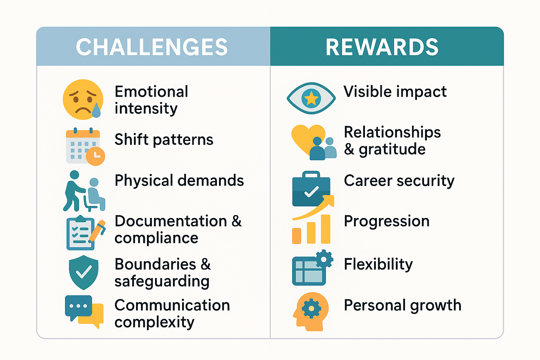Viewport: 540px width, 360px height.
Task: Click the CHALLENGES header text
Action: (x=152, y=47)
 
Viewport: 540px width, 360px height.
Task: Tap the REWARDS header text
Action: (x=382, y=47)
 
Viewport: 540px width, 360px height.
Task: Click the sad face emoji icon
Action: (x=83, y=99)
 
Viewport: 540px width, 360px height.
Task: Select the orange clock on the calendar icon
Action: (x=96, y=156)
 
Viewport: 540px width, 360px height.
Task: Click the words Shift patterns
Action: (x=164, y=140)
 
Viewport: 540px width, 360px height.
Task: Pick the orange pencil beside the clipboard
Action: (x=97, y=231)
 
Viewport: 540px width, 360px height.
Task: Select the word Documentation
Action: (x=171, y=221)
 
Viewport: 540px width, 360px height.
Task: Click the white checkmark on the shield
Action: (x=84, y=271)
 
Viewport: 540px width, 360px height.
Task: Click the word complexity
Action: (x=154, y=322)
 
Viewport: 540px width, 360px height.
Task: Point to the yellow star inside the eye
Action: (x=311, y=98)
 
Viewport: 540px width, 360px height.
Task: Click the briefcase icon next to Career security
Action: (x=311, y=188)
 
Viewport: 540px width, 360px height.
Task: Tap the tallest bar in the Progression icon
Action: (x=326, y=229)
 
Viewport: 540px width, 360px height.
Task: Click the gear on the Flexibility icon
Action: (x=324, y=259)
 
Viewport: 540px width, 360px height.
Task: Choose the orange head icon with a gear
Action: (x=311, y=311)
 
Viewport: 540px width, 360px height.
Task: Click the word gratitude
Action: (x=392, y=149)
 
